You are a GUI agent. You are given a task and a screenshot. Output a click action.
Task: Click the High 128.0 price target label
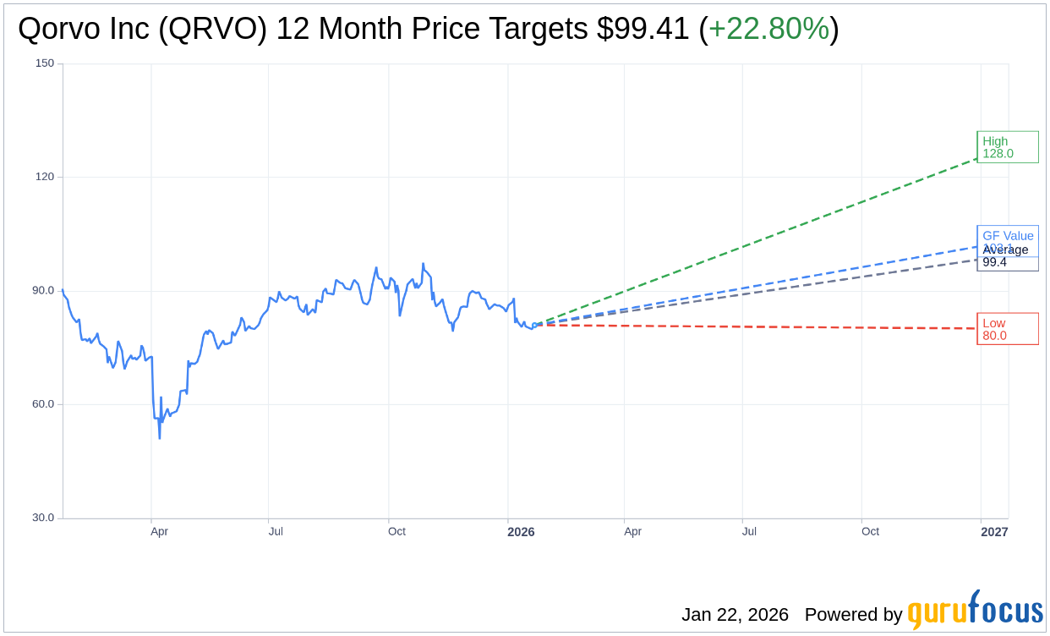pos(1007,147)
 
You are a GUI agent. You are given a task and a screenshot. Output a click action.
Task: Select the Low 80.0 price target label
pos(1007,329)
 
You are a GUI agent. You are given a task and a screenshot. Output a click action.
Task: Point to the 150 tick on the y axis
pos(45,63)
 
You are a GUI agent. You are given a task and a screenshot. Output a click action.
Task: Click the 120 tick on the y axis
pos(45,177)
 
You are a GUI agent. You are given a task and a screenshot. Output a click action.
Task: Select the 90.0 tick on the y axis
pos(43,290)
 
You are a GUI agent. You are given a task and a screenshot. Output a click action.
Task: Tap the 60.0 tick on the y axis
pos(43,403)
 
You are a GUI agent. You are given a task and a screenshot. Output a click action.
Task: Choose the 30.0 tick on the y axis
pos(43,518)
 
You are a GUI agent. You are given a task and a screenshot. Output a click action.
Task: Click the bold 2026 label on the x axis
pos(521,532)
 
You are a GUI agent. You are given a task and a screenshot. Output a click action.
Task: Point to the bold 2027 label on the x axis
pos(994,532)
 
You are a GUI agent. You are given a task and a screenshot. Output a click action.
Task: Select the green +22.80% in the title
pos(768,29)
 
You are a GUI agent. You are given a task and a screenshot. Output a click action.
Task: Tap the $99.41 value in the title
pos(643,29)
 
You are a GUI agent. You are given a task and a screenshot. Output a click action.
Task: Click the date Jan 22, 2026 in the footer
pos(735,615)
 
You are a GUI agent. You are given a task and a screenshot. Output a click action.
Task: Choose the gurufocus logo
pos(975,610)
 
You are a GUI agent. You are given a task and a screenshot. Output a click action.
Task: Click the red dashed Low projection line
pos(761,326)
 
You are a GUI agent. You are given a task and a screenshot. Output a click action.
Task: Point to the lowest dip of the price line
pos(160,437)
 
